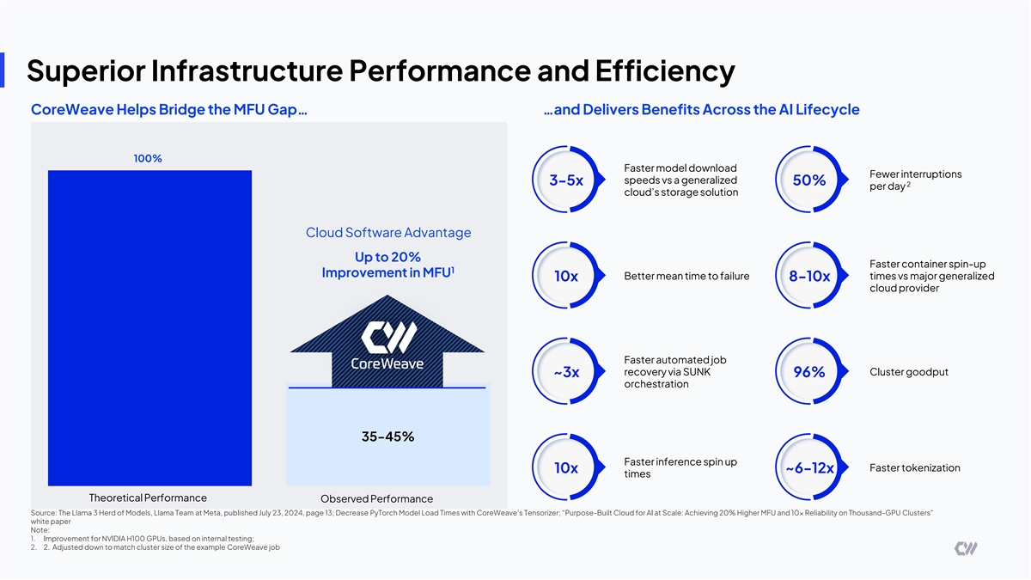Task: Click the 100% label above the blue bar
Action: point(148,158)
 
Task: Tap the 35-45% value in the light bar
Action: point(387,437)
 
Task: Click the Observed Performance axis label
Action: point(376,499)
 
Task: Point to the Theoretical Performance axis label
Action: point(148,498)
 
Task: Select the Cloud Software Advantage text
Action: point(388,232)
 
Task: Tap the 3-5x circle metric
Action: point(566,180)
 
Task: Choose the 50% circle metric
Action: point(808,180)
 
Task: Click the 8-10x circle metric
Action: point(808,277)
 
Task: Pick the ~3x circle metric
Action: point(566,372)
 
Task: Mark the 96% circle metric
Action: point(808,372)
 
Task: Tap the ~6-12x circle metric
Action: point(808,468)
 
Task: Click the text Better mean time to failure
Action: point(686,276)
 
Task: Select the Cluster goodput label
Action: point(909,372)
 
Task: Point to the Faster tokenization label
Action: point(914,467)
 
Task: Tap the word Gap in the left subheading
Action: point(277,110)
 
